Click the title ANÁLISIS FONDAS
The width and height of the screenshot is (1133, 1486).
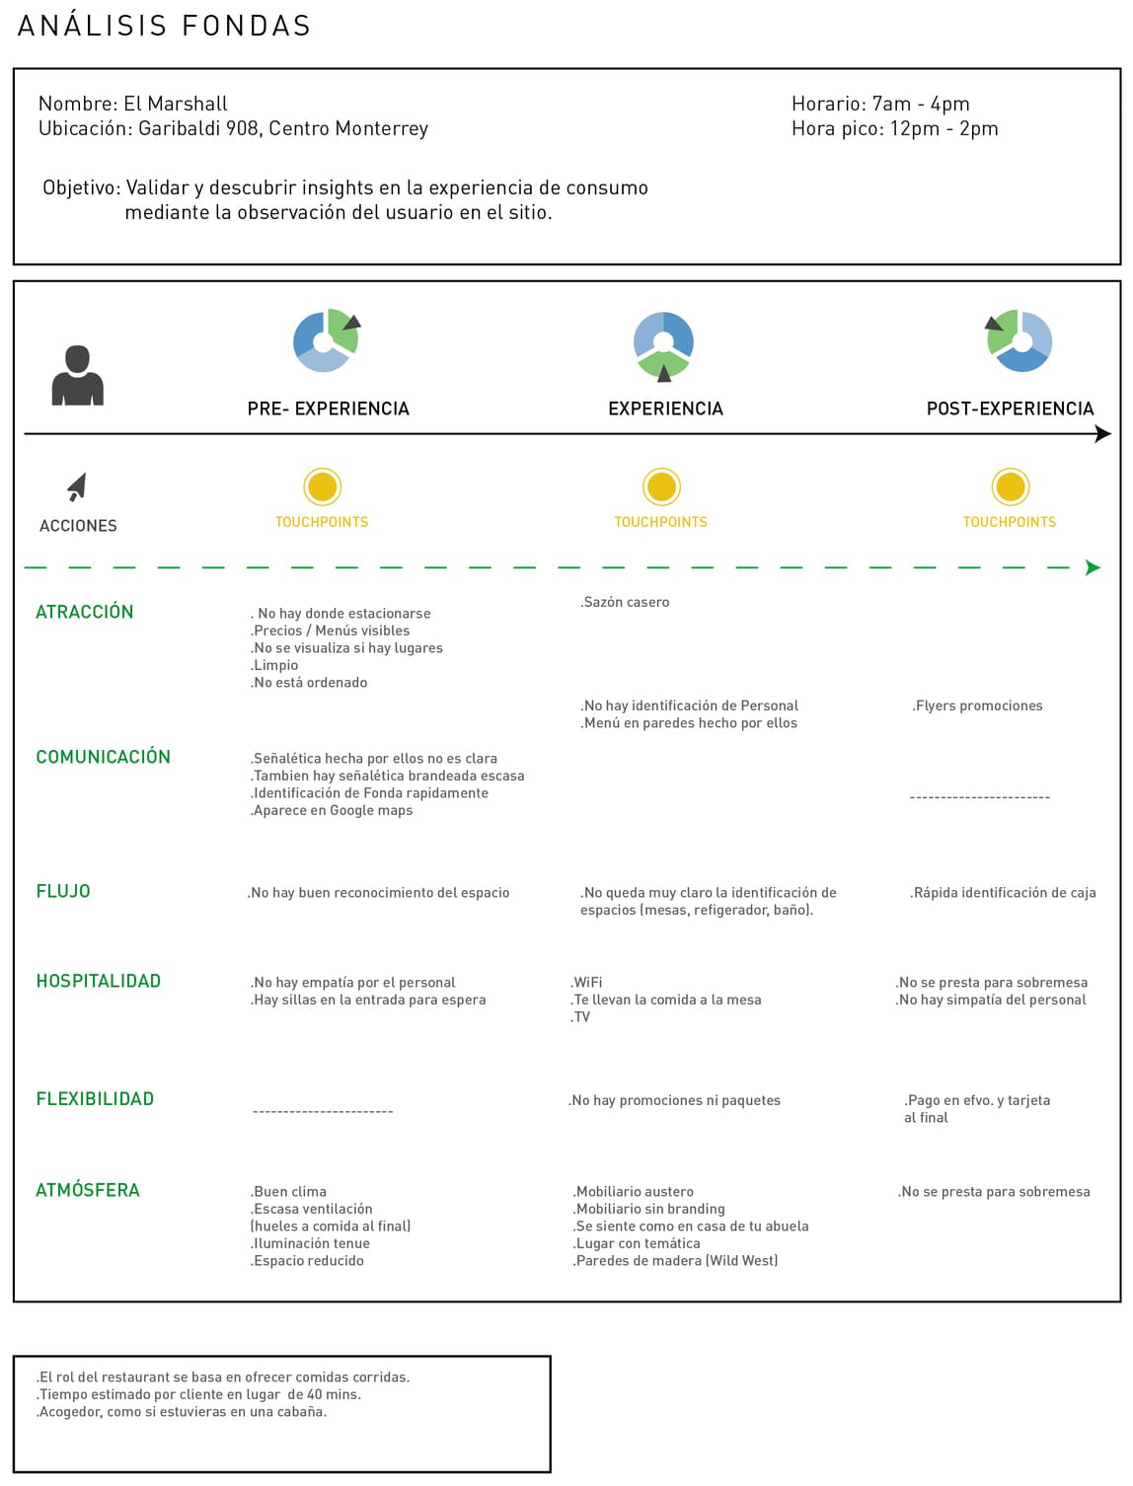point(165,26)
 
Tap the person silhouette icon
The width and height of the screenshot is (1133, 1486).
point(77,376)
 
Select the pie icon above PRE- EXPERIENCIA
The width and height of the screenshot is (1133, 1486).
point(326,340)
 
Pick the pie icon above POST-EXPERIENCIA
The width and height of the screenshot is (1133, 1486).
point(1020,340)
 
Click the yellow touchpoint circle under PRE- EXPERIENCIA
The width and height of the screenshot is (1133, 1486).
point(322,486)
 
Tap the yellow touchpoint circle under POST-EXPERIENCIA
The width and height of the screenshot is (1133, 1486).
point(1010,486)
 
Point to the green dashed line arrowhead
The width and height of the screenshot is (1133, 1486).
point(1093,567)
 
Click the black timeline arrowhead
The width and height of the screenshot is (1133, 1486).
point(1103,433)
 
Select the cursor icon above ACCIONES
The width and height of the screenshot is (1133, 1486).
point(77,486)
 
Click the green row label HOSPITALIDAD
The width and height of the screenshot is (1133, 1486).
point(98,981)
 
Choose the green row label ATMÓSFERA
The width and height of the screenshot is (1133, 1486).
point(88,1190)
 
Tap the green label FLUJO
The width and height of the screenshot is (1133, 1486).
point(63,891)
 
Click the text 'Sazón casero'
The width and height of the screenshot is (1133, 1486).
point(625,602)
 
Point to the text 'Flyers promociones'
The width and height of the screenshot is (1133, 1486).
point(977,706)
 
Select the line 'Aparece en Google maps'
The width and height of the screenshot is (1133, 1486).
point(332,810)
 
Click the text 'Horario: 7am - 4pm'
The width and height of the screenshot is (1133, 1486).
point(880,104)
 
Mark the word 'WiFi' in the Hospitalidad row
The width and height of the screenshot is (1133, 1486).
point(587,983)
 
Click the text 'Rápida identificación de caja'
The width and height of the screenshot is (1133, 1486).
point(1003,893)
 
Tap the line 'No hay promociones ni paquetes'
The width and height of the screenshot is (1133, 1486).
point(675,1100)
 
